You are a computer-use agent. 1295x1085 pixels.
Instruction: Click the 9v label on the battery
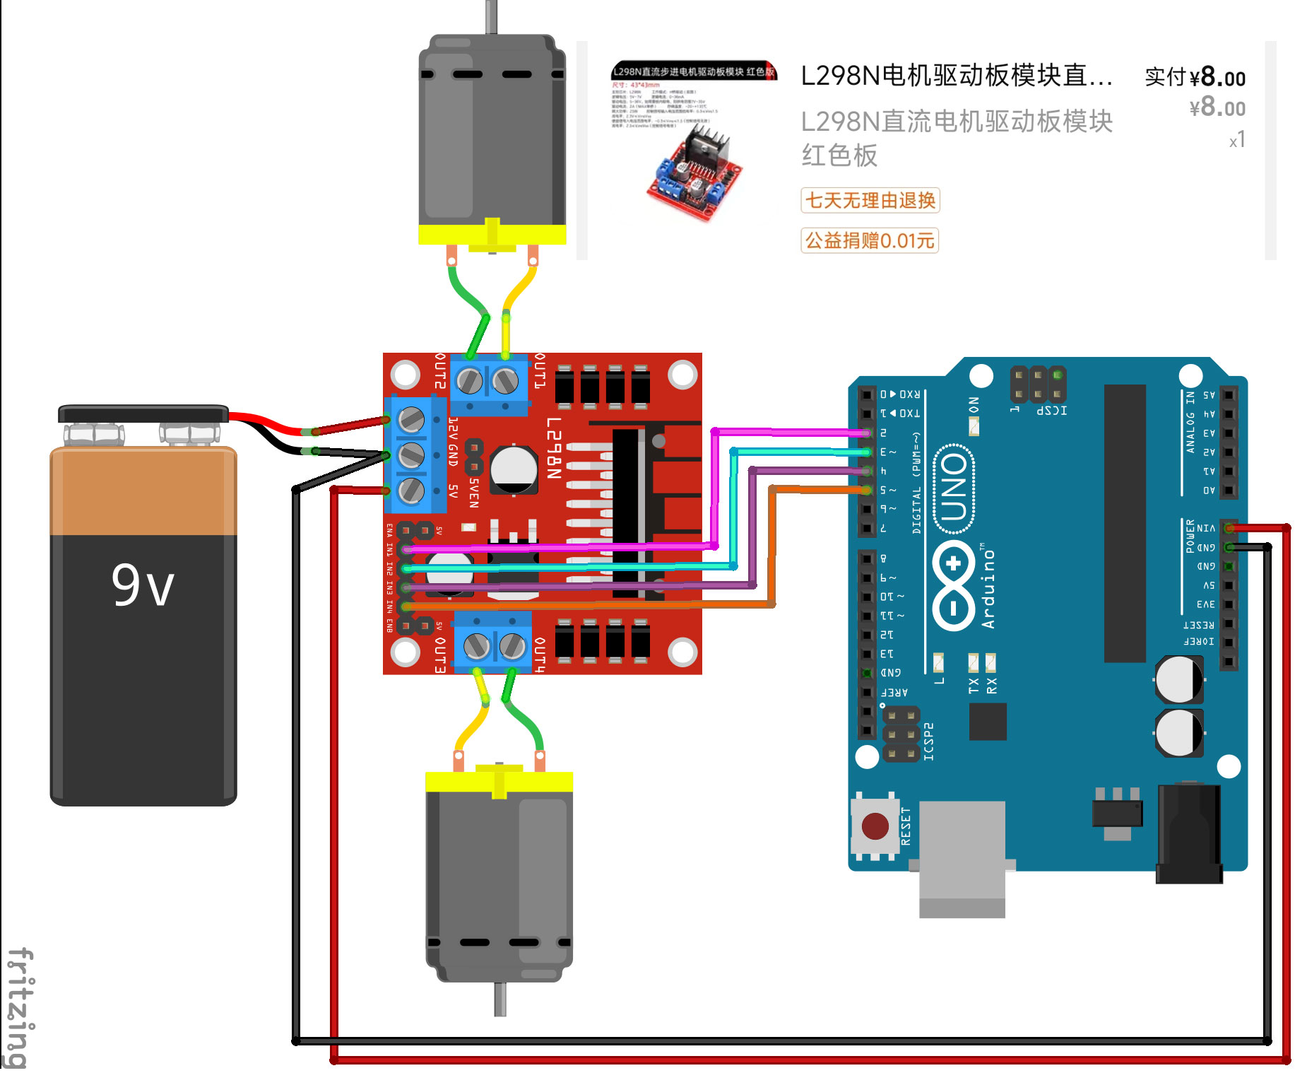[143, 585]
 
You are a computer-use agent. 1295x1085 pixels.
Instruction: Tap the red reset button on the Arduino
[875, 826]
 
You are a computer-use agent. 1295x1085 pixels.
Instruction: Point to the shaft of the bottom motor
[500, 999]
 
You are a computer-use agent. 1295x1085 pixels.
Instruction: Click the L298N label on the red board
[554, 448]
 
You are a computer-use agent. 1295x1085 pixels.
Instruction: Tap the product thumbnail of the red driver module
[694, 141]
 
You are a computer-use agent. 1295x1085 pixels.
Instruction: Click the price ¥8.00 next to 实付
[1217, 77]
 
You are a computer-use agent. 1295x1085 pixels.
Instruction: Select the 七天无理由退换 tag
[870, 201]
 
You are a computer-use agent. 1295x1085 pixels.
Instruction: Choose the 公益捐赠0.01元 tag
[870, 240]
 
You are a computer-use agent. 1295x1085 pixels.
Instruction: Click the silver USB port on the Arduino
[962, 858]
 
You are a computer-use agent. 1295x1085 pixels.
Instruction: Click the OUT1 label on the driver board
[540, 370]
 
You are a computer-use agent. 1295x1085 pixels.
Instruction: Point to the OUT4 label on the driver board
[540, 655]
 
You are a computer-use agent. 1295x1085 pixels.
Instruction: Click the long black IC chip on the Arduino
[1124, 523]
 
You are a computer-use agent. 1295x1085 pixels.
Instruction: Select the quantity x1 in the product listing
[1236, 140]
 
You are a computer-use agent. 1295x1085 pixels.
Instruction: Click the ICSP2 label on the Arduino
[928, 741]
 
